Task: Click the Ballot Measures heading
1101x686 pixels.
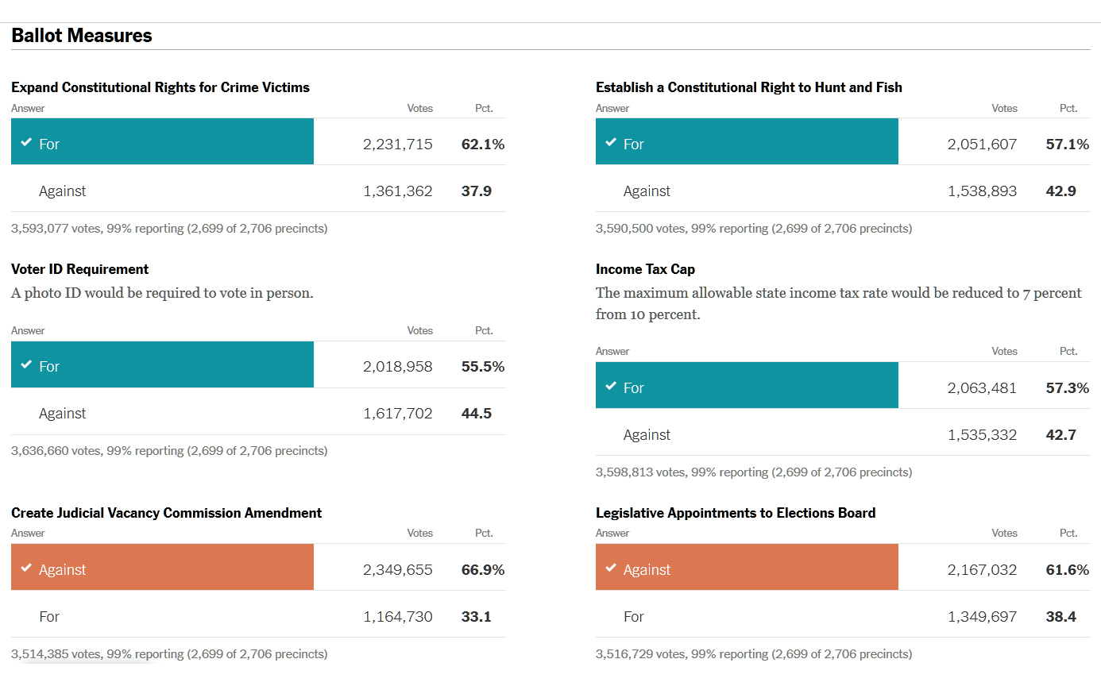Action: click(82, 36)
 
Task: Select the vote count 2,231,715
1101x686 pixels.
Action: click(398, 144)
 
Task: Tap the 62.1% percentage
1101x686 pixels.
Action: click(483, 144)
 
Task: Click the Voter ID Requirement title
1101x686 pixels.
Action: click(80, 269)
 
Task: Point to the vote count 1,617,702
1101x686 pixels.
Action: click(398, 413)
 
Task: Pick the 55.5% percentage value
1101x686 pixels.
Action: click(483, 366)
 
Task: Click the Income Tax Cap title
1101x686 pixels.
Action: click(645, 269)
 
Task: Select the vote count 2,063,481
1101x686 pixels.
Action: click(982, 387)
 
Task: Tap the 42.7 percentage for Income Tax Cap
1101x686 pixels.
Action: click(1061, 434)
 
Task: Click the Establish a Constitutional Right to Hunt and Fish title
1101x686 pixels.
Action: click(749, 87)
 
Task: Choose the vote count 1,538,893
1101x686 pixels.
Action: click(982, 191)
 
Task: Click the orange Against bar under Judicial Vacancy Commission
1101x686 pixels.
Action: click(162, 568)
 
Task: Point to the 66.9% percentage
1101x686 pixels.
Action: click(483, 569)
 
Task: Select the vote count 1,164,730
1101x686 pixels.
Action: click(398, 616)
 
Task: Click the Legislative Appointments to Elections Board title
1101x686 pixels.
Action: click(736, 513)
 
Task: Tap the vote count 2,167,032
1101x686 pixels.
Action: click(982, 569)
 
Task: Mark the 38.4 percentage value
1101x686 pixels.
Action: click(1061, 616)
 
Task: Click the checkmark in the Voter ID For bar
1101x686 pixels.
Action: click(26, 365)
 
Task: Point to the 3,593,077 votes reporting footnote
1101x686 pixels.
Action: click(169, 229)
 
